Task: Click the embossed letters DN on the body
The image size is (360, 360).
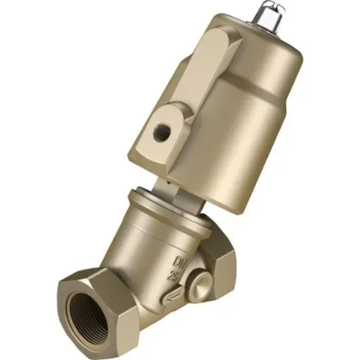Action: click(x=186, y=258)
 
